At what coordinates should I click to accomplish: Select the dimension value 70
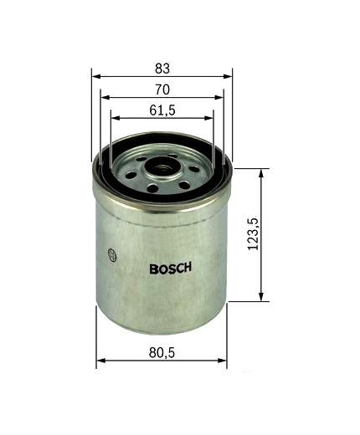(x=162, y=89)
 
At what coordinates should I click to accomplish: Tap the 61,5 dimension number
(x=162, y=110)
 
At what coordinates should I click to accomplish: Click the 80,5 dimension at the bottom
(x=161, y=354)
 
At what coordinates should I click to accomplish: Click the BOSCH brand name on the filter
(x=171, y=269)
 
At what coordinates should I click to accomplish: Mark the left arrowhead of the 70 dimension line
(x=104, y=98)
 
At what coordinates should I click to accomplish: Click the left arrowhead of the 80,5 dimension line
(x=100, y=362)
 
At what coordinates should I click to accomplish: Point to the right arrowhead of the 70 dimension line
(x=219, y=98)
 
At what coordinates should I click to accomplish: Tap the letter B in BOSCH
(x=153, y=269)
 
